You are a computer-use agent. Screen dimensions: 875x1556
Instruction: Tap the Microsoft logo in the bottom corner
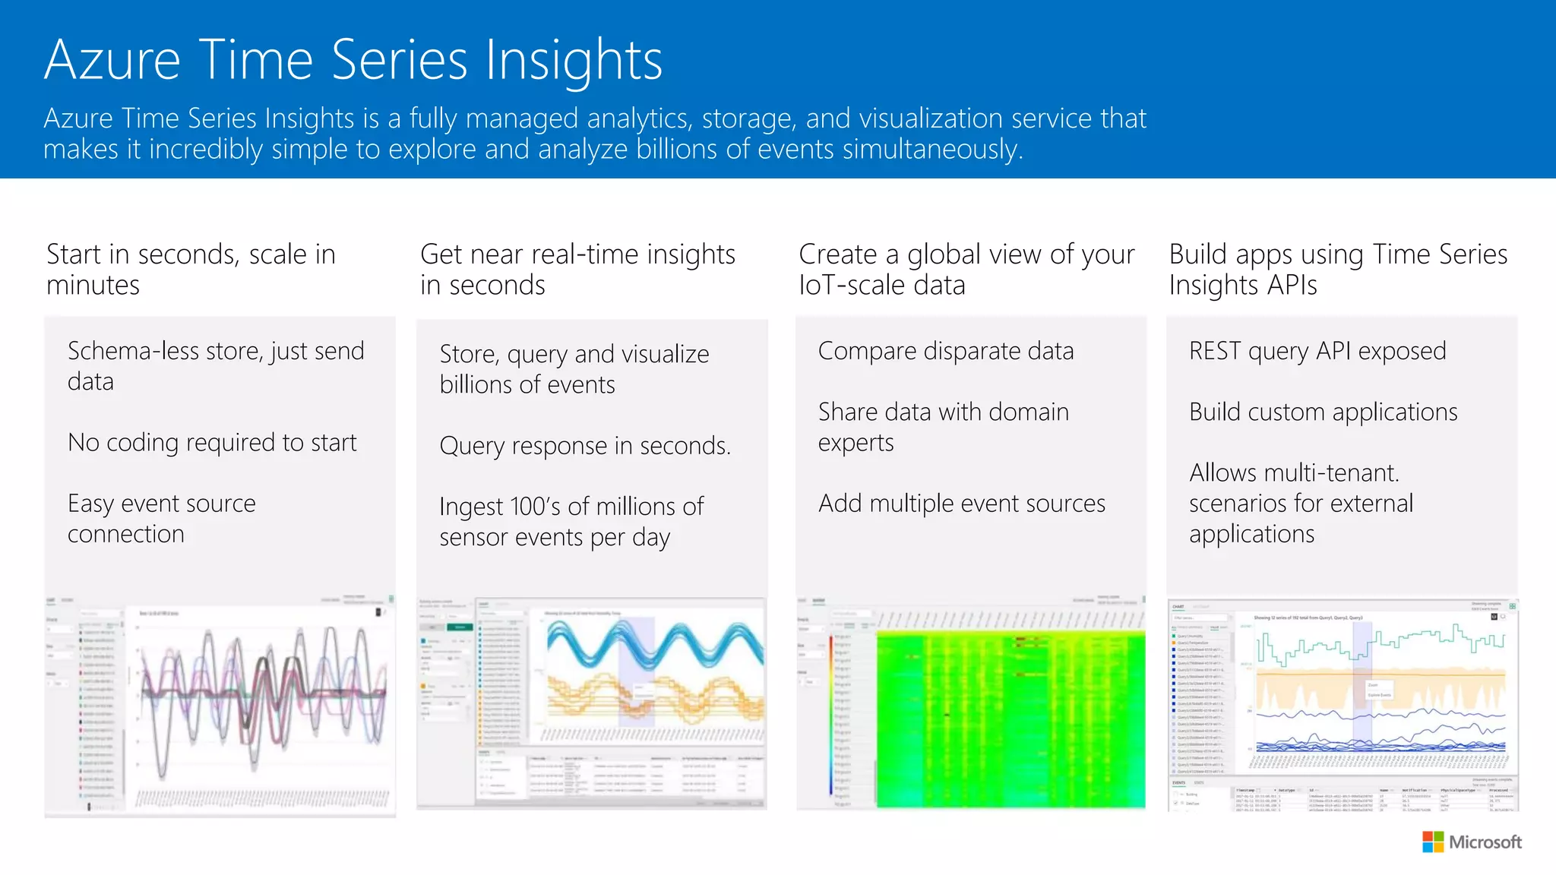1472,842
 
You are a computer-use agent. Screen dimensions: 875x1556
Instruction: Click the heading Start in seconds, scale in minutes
191,269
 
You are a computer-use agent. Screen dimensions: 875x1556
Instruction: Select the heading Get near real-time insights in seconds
577,269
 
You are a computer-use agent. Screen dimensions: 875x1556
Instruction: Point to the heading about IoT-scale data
966,269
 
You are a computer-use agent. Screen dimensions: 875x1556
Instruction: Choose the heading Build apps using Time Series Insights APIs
1337,269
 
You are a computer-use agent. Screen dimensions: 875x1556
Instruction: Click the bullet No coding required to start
212,442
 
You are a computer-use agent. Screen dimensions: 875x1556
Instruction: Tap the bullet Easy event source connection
161,518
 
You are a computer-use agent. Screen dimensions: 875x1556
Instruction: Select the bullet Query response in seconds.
585,445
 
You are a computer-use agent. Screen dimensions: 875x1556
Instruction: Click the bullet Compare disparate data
946,351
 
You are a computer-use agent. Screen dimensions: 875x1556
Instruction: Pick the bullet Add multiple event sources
961,503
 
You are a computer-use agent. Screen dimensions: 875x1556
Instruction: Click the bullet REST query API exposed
1317,351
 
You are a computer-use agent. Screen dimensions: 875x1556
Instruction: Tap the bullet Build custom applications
1323,412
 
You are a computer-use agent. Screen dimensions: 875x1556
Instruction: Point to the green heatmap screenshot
1010,718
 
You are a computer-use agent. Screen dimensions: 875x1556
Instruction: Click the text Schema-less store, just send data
216,365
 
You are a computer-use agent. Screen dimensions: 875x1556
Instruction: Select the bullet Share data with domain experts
943,427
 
